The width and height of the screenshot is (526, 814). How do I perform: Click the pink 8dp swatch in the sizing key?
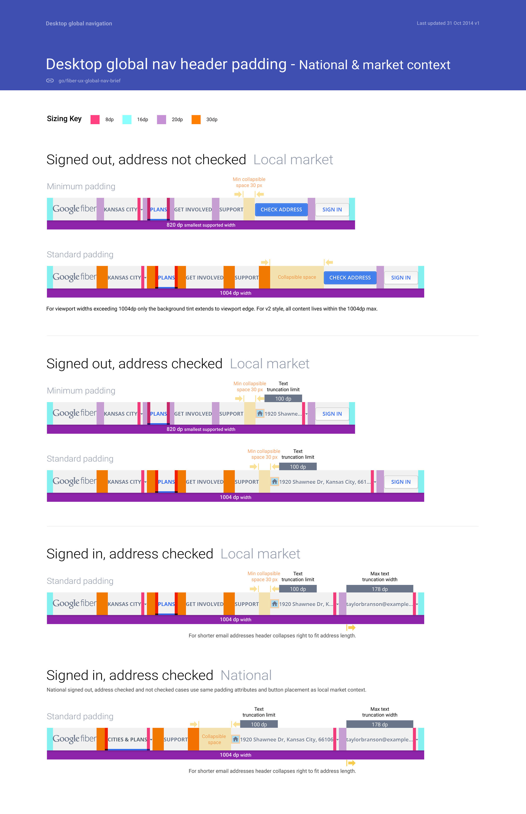pos(95,119)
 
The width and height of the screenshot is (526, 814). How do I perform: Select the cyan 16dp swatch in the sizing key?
pos(127,119)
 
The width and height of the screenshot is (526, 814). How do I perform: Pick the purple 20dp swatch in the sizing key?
pos(161,119)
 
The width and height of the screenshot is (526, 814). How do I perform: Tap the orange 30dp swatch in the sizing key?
pos(196,119)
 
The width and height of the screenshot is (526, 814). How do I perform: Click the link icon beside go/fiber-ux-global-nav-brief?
pos(50,81)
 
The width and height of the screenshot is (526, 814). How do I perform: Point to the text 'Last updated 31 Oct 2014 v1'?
pos(448,23)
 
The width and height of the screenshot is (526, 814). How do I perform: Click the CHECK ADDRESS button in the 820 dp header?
pos(281,210)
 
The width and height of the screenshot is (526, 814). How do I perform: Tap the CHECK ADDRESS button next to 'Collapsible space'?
pos(350,278)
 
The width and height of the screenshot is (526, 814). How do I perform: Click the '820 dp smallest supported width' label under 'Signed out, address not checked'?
pos(201,225)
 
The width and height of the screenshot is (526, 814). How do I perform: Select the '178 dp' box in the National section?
pos(379,724)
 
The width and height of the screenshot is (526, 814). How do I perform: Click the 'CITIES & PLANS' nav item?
pos(127,739)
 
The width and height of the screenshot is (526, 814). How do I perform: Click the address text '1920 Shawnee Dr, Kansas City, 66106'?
pos(286,739)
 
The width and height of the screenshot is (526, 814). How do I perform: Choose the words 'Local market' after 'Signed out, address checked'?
pos(270,364)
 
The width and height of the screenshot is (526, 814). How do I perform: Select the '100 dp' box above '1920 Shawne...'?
pos(283,399)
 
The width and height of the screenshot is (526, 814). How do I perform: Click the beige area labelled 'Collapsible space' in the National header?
pos(214,739)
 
